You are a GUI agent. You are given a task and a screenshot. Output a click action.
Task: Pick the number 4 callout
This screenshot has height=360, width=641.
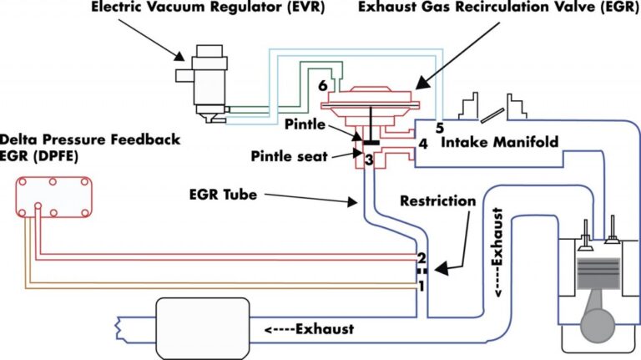[423, 143]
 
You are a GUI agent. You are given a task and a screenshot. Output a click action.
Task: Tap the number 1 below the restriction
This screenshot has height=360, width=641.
[421, 286]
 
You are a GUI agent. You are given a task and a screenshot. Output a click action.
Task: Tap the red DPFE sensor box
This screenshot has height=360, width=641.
[51, 194]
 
